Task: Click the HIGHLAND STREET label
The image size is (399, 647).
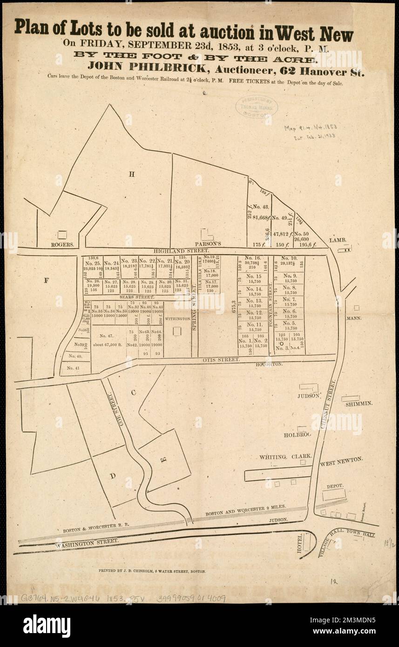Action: coord(179,251)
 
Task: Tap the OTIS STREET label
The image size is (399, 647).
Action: coord(221,360)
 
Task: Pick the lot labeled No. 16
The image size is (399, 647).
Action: coord(252,262)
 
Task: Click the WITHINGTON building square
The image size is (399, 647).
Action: coord(177,331)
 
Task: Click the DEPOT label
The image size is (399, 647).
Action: coord(335,486)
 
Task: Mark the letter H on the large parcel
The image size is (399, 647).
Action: coord(132,175)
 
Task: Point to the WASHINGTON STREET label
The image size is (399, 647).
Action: coord(86,543)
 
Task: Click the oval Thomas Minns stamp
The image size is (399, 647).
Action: coord(257,106)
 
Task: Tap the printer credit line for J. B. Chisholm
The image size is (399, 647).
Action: coord(153,570)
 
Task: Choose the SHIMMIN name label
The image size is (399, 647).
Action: coord(359,404)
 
